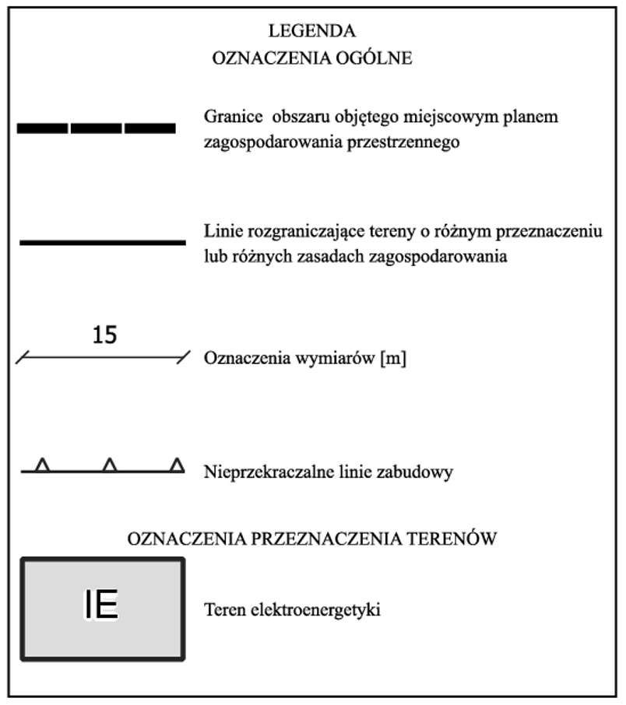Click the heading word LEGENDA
pos(311,32)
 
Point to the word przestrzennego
pos(412,143)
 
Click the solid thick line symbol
pos(102,243)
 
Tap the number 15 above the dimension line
pos(104,335)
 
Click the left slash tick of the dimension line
pos(23,357)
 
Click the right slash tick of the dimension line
pos(183,357)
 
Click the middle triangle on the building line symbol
pos(111,465)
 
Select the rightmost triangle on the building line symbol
pos(178,465)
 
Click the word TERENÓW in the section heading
pos(455,538)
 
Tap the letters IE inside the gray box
pos(101,606)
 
